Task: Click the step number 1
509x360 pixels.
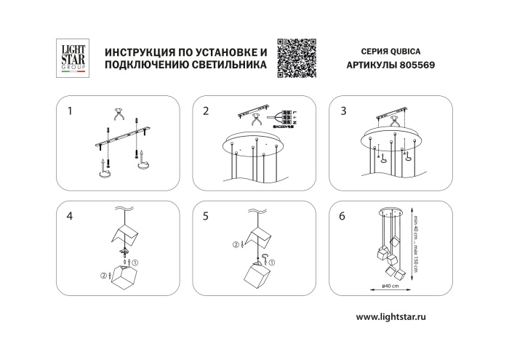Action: point(70,111)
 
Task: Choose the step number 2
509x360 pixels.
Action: point(206,111)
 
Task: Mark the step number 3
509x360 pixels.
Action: point(343,111)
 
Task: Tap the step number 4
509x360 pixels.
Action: point(70,216)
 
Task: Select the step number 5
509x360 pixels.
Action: point(206,216)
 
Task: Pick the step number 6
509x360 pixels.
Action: point(343,216)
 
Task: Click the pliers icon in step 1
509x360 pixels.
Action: point(118,115)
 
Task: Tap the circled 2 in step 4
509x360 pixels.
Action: point(103,275)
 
